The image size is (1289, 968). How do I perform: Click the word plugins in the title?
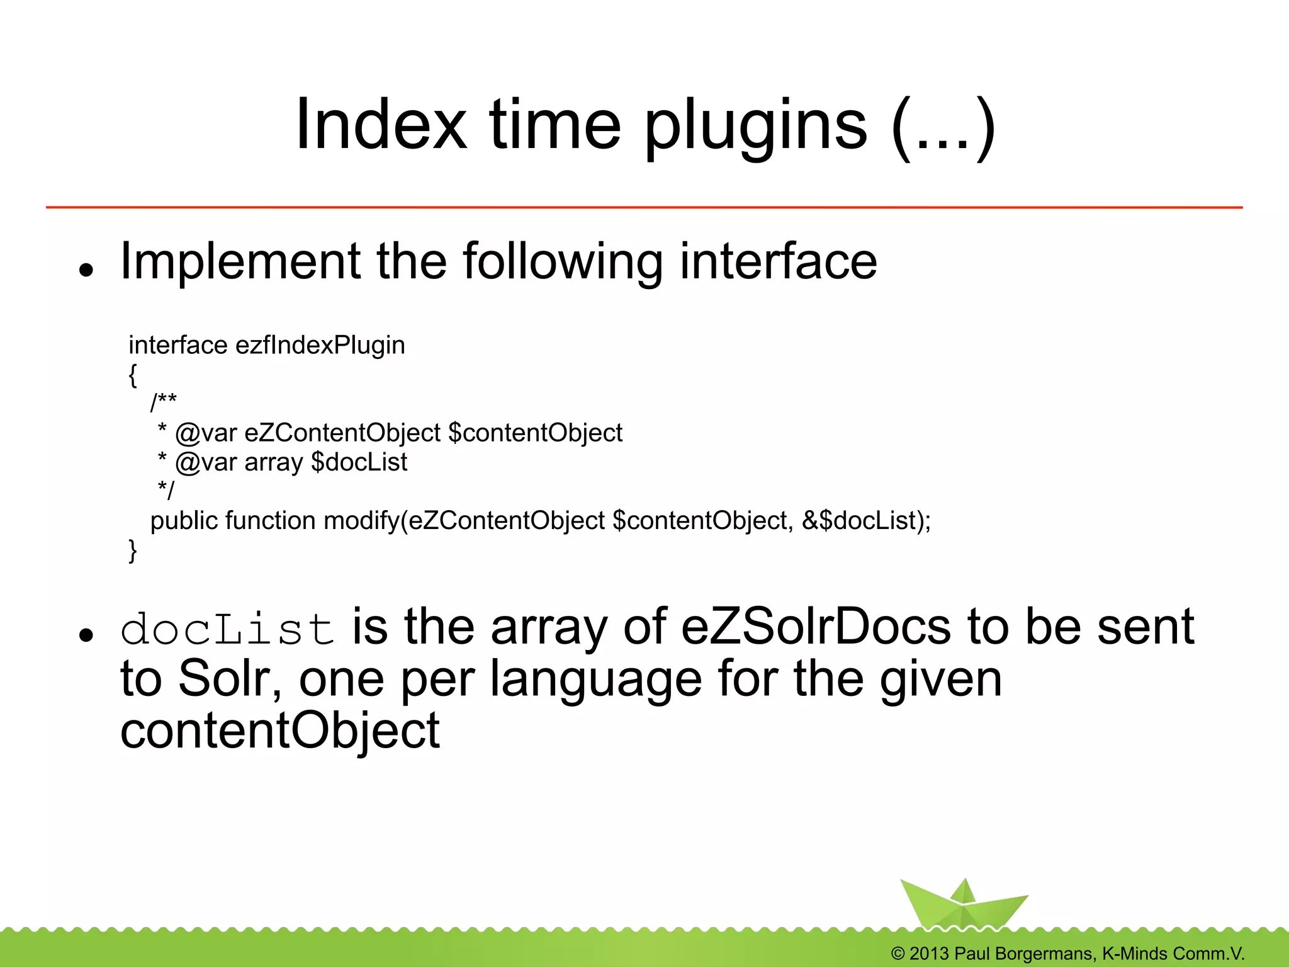pyautogui.click(x=755, y=126)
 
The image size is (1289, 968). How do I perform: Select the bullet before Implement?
pyautogui.click(x=86, y=270)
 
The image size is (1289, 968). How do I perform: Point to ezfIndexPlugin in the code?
pyautogui.click(x=320, y=345)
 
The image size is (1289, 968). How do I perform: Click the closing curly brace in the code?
pyautogui.click(x=132, y=550)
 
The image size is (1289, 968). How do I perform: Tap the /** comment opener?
pyautogui.click(x=163, y=401)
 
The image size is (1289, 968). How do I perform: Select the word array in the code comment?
pyautogui.click(x=273, y=462)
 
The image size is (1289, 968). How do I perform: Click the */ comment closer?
pyautogui.click(x=166, y=489)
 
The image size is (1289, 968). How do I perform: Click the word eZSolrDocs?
pyautogui.click(x=816, y=627)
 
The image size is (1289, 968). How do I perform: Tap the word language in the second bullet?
pyautogui.click(x=595, y=679)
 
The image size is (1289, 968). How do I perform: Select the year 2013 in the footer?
pyautogui.click(x=928, y=954)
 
